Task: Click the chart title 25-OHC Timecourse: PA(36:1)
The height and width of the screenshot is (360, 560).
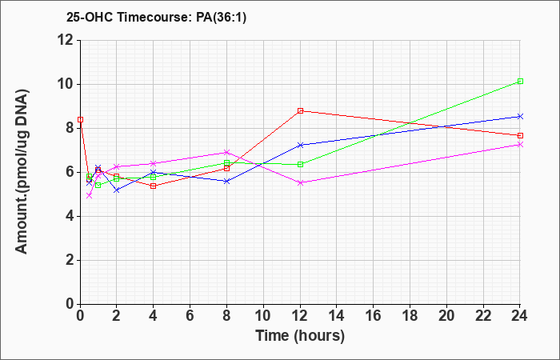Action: pyautogui.click(x=156, y=18)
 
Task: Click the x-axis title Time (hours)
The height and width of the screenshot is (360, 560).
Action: pyautogui.click(x=300, y=336)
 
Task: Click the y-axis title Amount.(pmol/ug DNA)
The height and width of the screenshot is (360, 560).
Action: pyautogui.click(x=22, y=171)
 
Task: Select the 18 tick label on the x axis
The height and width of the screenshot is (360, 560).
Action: pyautogui.click(x=410, y=316)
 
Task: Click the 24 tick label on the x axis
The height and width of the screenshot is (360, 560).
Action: pyautogui.click(x=520, y=316)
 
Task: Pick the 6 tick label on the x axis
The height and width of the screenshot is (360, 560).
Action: pyautogui.click(x=190, y=316)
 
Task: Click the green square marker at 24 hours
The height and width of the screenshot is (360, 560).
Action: pyautogui.click(x=520, y=82)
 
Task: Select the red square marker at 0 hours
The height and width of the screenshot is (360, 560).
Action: pyautogui.click(x=80, y=120)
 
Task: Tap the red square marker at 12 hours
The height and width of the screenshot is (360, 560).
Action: pyautogui.click(x=300, y=111)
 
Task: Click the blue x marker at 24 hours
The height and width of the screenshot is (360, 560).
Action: pyautogui.click(x=520, y=117)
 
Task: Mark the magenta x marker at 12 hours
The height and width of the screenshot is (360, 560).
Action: pyautogui.click(x=300, y=183)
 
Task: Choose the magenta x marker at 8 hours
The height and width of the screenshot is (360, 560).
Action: pyautogui.click(x=226, y=153)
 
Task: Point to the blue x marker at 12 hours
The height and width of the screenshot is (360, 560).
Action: pyautogui.click(x=300, y=145)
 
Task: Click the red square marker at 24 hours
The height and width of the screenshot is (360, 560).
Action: pyautogui.click(x=520, y=136)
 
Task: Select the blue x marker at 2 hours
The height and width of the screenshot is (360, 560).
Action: pyautogui.click(x=117, y=190)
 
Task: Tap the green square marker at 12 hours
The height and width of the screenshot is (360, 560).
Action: pyautogui.click(x=300, y=165)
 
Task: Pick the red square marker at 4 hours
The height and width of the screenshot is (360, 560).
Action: pyautogui.click(x=154, y=186)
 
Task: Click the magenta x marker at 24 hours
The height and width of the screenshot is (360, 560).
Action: pyautogui.click(x=520, y=145)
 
